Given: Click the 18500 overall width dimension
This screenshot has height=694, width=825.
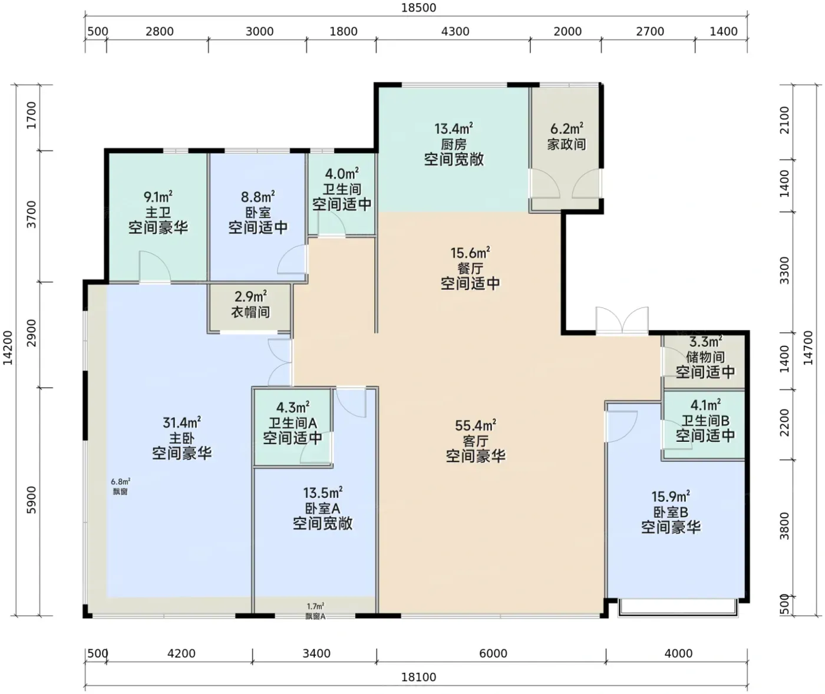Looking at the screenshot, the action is click(x=418, y=8).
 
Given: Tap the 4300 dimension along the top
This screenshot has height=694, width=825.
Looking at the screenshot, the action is click(x=455, y=31).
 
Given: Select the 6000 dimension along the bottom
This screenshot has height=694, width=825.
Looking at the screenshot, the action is click(x=493, y=653).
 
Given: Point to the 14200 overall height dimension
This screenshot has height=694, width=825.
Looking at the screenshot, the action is click(x=8, y=348).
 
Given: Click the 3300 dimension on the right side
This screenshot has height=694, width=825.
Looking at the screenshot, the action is click(x=785, y=270).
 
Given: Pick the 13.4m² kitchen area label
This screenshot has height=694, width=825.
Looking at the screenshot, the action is click(x=454, y=128).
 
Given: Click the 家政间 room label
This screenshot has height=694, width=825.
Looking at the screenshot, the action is click(x=566, y=144).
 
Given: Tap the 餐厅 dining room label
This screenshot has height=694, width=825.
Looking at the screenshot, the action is click(x=470, y=269).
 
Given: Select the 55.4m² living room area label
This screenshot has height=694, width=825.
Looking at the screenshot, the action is click(x=476, y=425).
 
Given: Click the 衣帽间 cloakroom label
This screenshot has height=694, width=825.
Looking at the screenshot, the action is click(x=250, y=312).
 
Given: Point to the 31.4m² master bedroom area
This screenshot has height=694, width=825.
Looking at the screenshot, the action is click(x=181, y=422).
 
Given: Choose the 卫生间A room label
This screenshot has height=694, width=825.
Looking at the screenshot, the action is click(x=293, y=423).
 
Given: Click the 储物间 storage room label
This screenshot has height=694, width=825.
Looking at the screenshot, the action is click(x=705, y=356).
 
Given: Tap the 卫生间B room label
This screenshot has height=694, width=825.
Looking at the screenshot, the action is click(x=705, y=420).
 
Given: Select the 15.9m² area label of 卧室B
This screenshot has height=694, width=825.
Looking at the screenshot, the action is click(x=671, y=497).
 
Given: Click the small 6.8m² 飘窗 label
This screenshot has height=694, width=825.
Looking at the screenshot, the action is click(x=121, y=486).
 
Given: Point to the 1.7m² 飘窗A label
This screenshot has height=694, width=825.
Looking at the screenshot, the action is click(x=315, y=611).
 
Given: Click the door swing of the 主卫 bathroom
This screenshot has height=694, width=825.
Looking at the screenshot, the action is click(x=155, y=267).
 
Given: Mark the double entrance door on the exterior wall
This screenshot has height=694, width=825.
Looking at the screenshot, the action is click(x=622, y=320).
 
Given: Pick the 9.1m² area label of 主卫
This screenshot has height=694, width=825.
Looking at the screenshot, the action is click(x=158, y=196).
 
